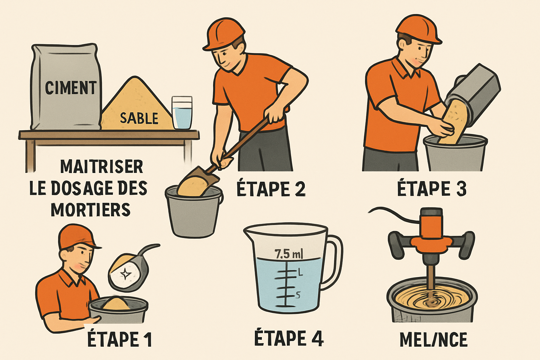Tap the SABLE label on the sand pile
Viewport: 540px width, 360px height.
point(139,118)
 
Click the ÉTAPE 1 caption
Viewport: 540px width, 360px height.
point(119,340)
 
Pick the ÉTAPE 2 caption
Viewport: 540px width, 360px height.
point(271,189)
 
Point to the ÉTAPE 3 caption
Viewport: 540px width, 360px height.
point(432,189)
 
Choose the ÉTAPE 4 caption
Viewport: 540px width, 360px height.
point(288,338)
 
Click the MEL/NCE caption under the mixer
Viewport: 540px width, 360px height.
point(433,340)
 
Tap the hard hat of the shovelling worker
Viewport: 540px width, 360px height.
point(224,33)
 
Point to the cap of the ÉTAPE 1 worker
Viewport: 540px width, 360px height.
point(76,236)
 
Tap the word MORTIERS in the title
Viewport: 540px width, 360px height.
point(90,210)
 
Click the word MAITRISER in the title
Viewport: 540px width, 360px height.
point(101,167)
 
